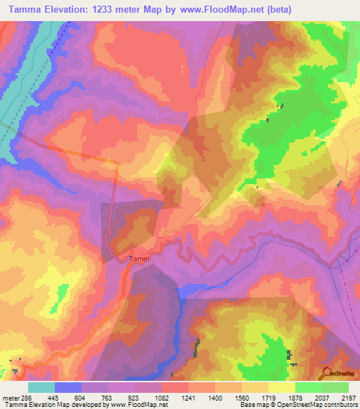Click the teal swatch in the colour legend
point(41,387)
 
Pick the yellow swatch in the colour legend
point(282,387)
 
